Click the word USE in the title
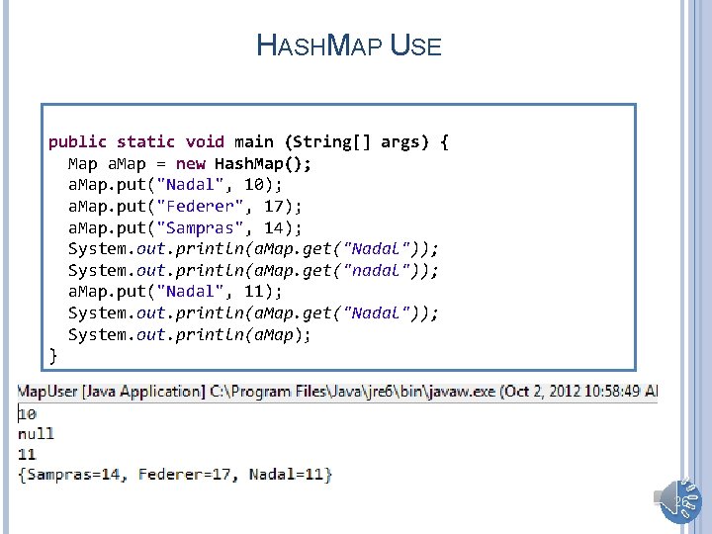coord(415,45)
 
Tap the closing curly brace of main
coord(53,354)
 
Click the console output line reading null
coord(37,433)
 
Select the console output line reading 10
coord(28,413)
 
